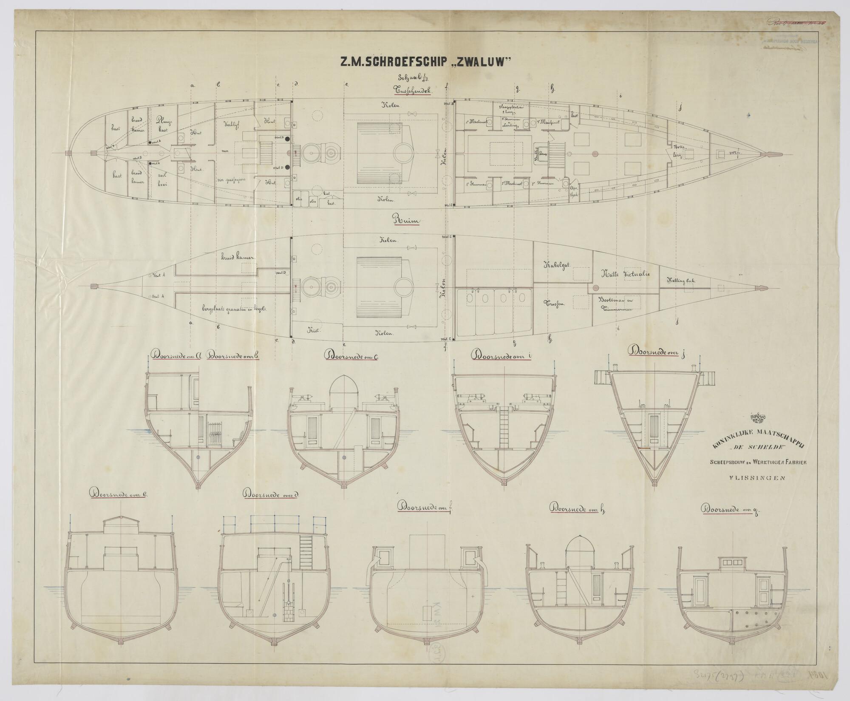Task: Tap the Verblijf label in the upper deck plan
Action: click(x=230, y=125)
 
